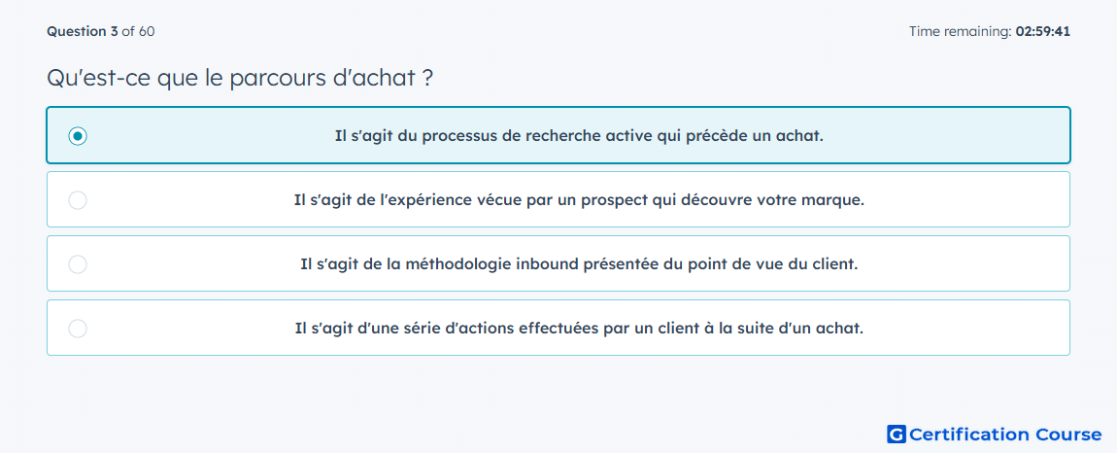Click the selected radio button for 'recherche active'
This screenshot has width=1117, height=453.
coord(78,135)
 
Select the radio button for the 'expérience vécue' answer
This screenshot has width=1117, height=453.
coord(78,200)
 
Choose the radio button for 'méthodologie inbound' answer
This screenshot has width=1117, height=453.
coord(78,264)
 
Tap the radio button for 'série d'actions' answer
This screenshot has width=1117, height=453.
coord(78,329)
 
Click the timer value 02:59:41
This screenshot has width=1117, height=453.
coord(1043,31)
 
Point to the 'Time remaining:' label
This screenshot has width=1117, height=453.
coord(961,31)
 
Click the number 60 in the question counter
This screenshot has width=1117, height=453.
coord(147,31)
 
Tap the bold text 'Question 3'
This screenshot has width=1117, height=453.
coord(83,31)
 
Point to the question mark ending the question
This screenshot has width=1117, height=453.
coord(426,78)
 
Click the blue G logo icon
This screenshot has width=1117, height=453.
coord(897,434)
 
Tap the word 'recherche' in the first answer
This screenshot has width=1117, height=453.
coord(558,135)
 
